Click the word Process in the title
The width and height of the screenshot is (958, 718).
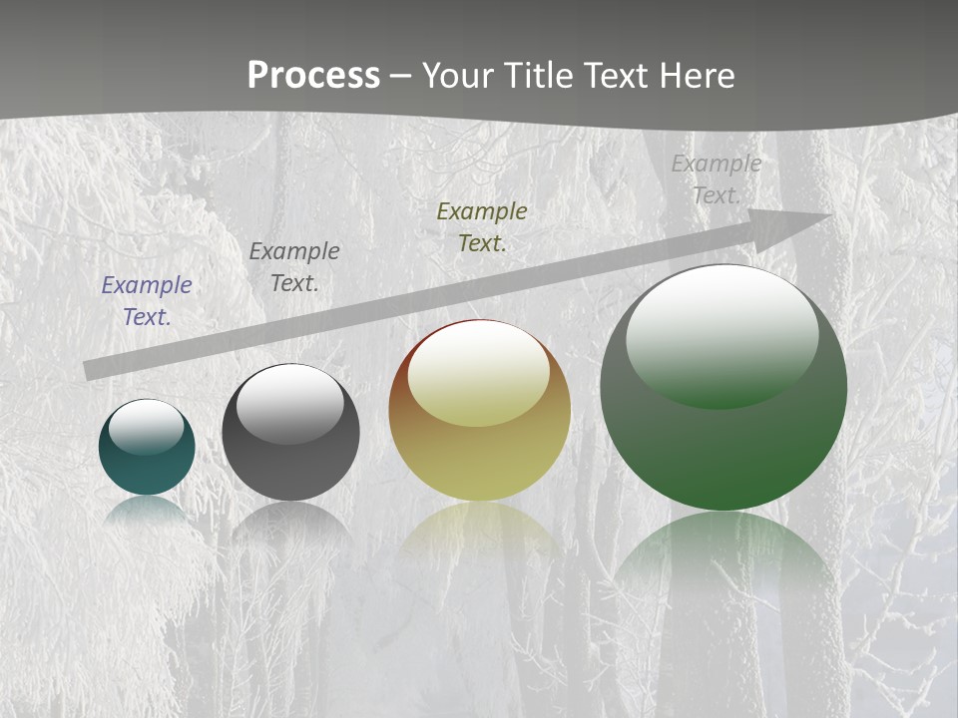click(313, 76)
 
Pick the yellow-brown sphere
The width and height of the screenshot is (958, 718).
click(479, 459)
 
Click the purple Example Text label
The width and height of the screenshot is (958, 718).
click(147, 300)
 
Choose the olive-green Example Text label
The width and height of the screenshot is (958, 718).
click(482, 226)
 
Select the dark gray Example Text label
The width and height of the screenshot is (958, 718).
click(294, 266)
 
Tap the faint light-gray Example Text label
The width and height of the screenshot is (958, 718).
click(717, 179)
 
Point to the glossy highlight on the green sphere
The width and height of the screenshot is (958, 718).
click(721, 334)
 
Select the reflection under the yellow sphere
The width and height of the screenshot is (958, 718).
click(479, 534)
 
